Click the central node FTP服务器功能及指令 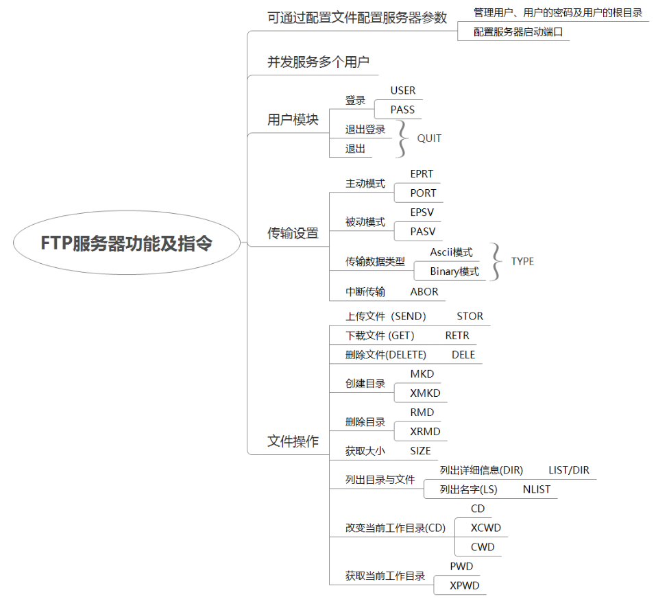pyautogui.click(x=127, y=243)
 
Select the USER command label pyautogui.click(x=403, y=90)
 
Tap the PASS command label pyautogui.click(x=402, y=110)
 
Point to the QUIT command pyautogui.click(x=429, y=138)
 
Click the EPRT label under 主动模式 pyautogui.click(x=422, y=174)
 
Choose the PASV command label pyautogui.click(x=423, y=232)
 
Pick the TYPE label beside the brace pyautogui.click(x=522, y=261)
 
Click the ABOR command pyautogui.click(x=424, y=292)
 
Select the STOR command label pyautogui.click(x=470, y=316)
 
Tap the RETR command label pyautogui.click(x=457, y=336)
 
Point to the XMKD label pyautogui.click(x=425, y=393)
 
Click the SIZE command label pyautogui.click(x=420, y=451)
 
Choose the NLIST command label pyautogui.click(x=536, y=489)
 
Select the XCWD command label pyautogui.click(x=485, y=528)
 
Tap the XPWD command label pyautogui.click(x=464, y=585)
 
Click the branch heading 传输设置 pyautogui.click(x=293, y=233)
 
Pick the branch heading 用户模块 pyautogui.click(x=293, y=119)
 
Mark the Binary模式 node pyautogui.click(x=454, y=271)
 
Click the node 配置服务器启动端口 pyautogui.click(x=518, y=32)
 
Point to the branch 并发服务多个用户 pyautogui.click(x=318, y=62)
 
